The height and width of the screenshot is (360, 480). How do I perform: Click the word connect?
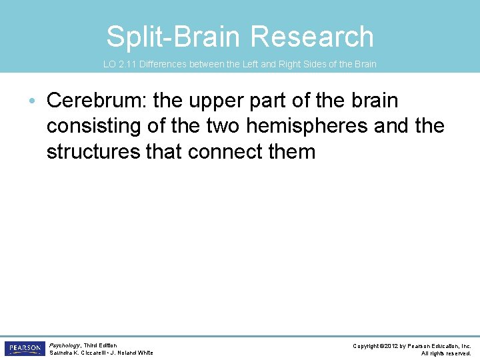[x=229, y=151]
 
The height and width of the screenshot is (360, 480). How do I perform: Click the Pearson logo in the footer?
[x=23, y=349]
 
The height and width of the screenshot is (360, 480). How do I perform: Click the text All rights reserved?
[x=446, y=353]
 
